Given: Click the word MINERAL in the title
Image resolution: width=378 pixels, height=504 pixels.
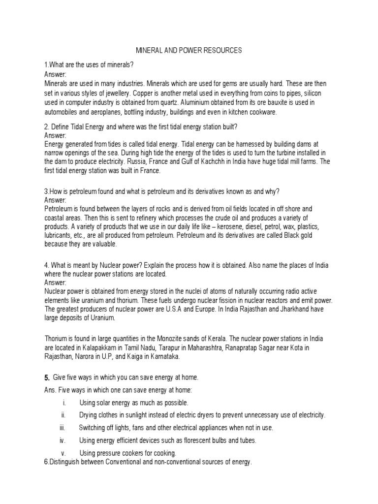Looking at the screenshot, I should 149,51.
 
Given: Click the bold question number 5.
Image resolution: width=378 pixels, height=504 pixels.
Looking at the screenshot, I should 47,378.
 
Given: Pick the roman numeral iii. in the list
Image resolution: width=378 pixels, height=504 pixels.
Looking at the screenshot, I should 62,428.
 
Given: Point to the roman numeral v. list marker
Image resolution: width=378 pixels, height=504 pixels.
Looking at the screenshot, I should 63,452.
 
